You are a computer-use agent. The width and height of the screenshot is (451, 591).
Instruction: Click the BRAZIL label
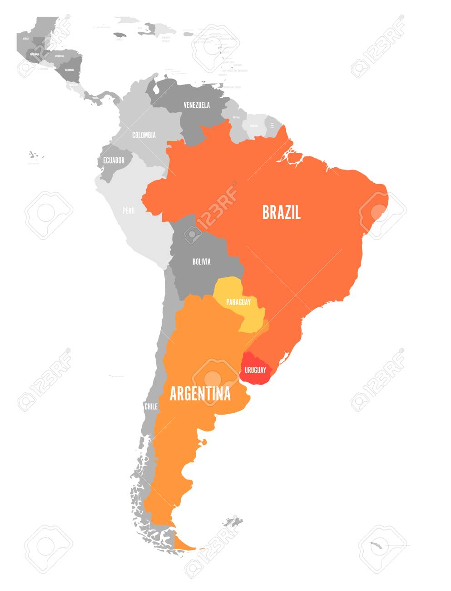click(x=281, y=212)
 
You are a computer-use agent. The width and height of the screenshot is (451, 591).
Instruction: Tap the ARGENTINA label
click(x=200, y=394)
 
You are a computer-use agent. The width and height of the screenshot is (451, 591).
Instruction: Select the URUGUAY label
click(x=255, y=370)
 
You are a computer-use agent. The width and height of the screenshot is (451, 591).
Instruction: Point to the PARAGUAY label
click(x=238, y=302)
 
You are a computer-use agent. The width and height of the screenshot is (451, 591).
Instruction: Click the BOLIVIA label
click(x=201, y=261)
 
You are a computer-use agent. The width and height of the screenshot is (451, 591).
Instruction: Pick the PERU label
click(x=129, y=210)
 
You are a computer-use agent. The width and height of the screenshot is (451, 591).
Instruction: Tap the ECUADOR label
click(x=114, y=160)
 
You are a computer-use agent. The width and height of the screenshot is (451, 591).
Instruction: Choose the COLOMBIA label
click(x=144, y=135)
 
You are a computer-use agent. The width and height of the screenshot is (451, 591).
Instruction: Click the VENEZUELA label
click(x=197, y=105)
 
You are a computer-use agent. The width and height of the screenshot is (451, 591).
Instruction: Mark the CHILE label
click(x=151, y=406)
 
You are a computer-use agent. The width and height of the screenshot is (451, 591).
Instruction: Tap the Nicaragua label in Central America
click(x=69, y=70)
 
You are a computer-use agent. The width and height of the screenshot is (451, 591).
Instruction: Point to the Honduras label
click(x=59, y=56)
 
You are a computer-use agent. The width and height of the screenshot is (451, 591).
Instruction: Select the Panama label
click(x=95, y=97)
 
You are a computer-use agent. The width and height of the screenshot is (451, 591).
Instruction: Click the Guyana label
click(x=236, y=117)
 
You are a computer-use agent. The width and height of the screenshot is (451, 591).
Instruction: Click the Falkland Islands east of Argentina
click(x=233, y=521)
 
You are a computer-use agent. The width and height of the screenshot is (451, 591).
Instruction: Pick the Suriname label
click(x=253, y=125)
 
